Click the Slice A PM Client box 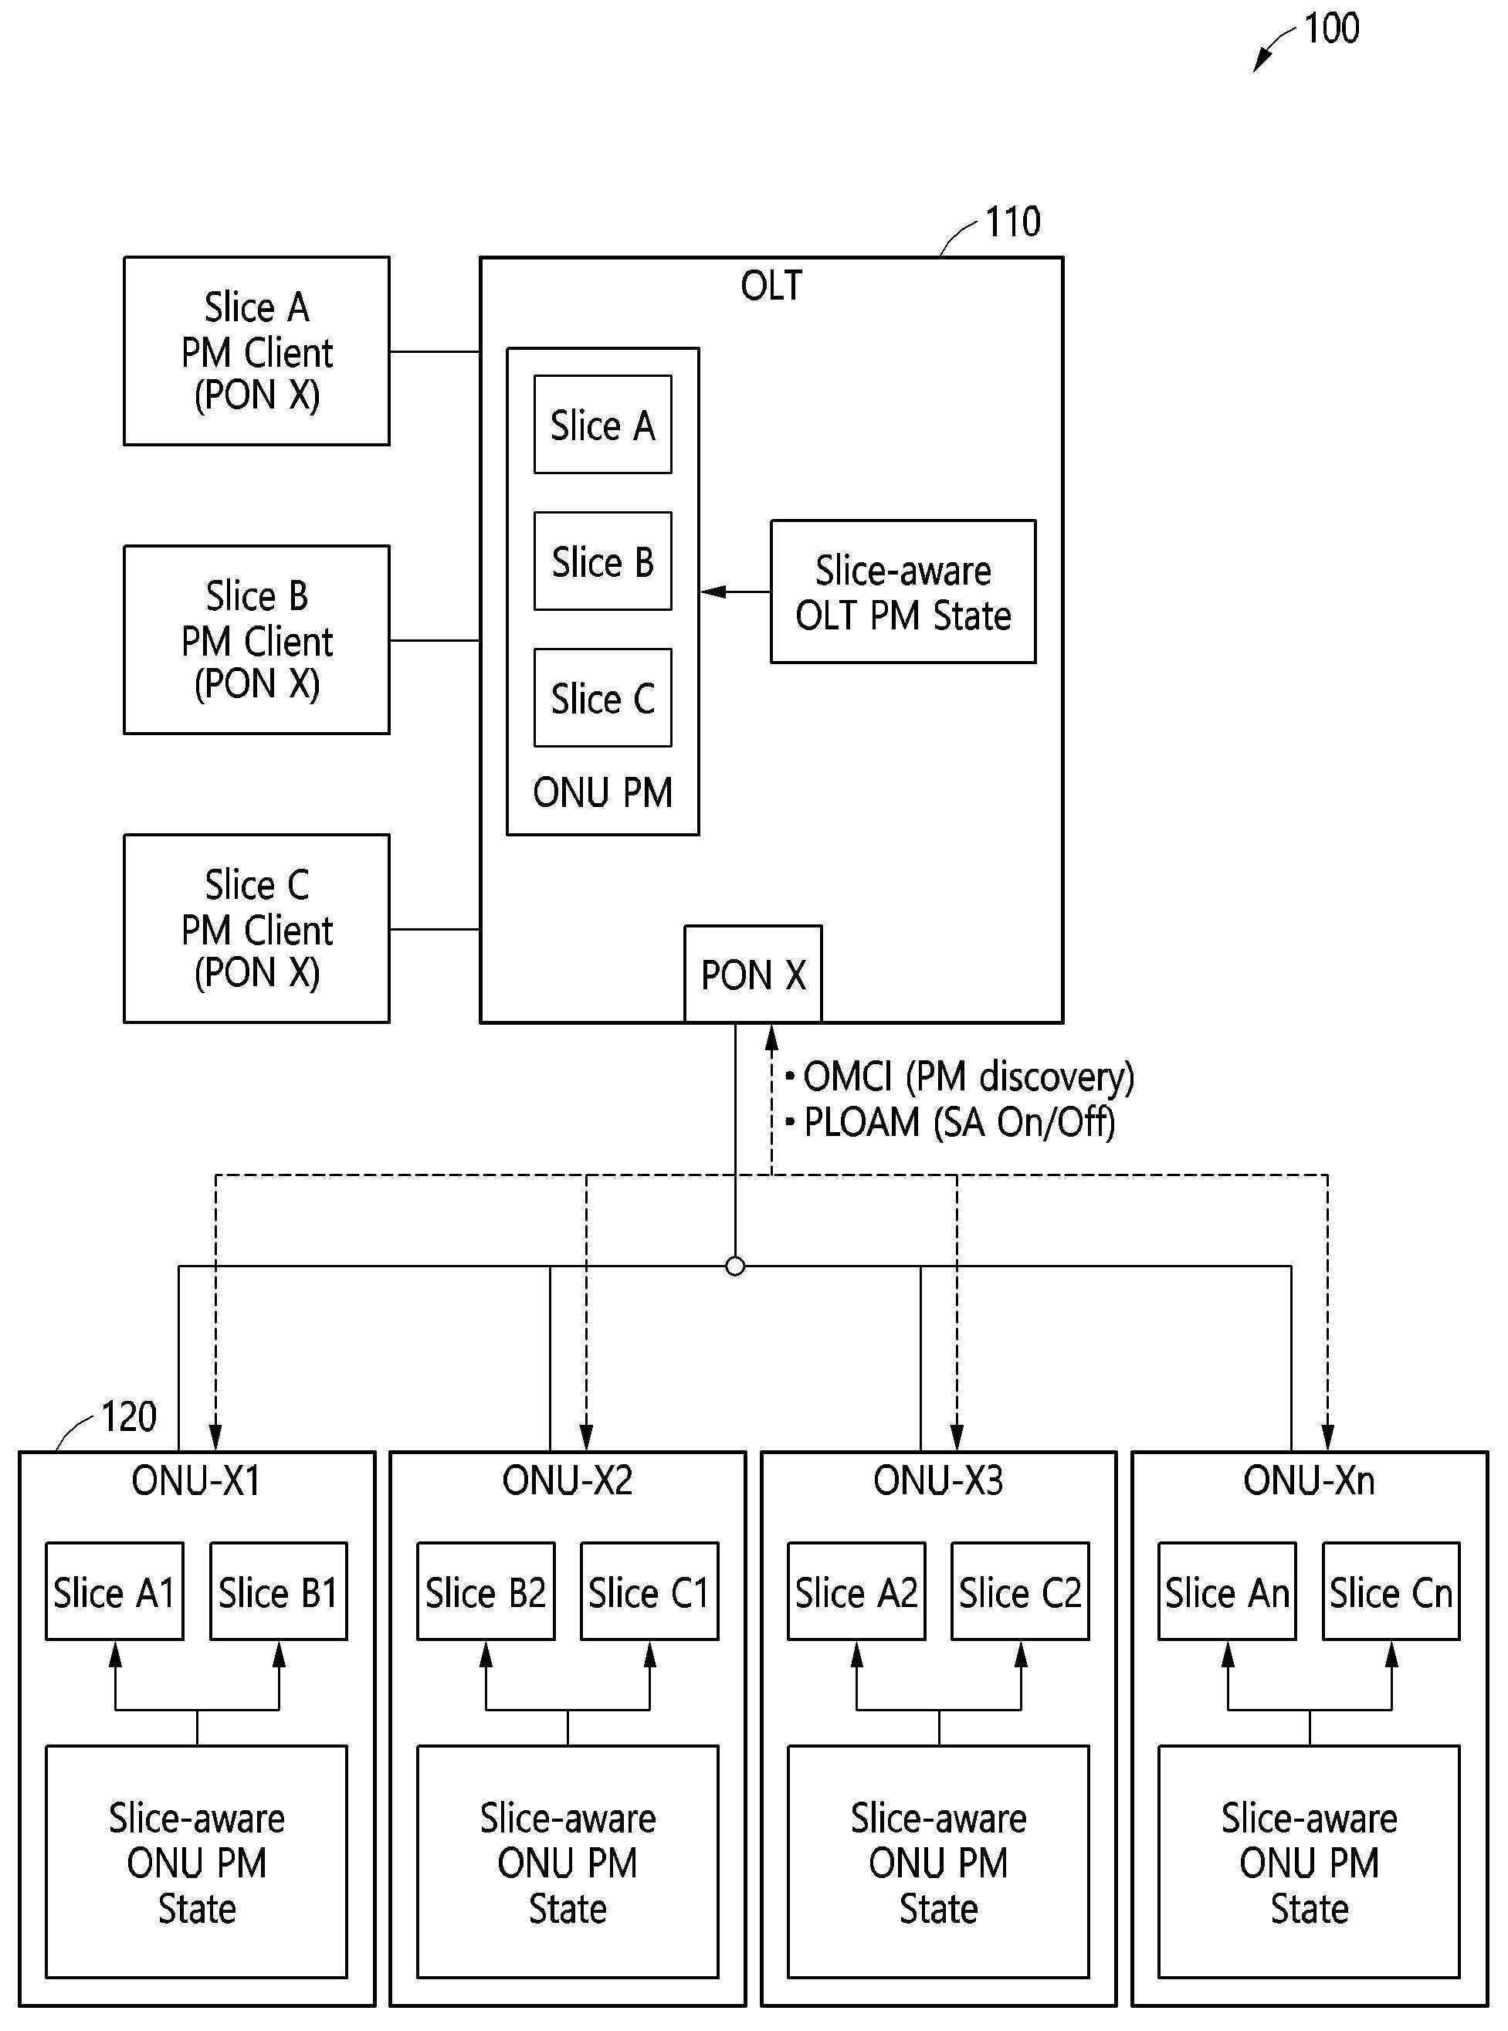(x=256, y=351)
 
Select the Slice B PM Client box (x=256, y=640)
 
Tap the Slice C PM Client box (x=256, y=928)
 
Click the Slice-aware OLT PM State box (x=903, y=592)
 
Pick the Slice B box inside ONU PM (x=602, y=561)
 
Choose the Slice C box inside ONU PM (x=602, y=698)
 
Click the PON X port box (x=753, y=974)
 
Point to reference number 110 (x=1012, y=222)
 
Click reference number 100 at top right (x=1331, y=29)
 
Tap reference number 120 (x=129, y=1416)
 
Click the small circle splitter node (x=735, y=1266)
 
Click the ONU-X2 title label (x=567, y=1480)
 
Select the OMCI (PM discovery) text (x=967, y=1077)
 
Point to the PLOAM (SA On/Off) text (x=958, y=1123)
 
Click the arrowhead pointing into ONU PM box (x=712, y=592)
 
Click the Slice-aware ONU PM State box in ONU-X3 (x=938, y=1862)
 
